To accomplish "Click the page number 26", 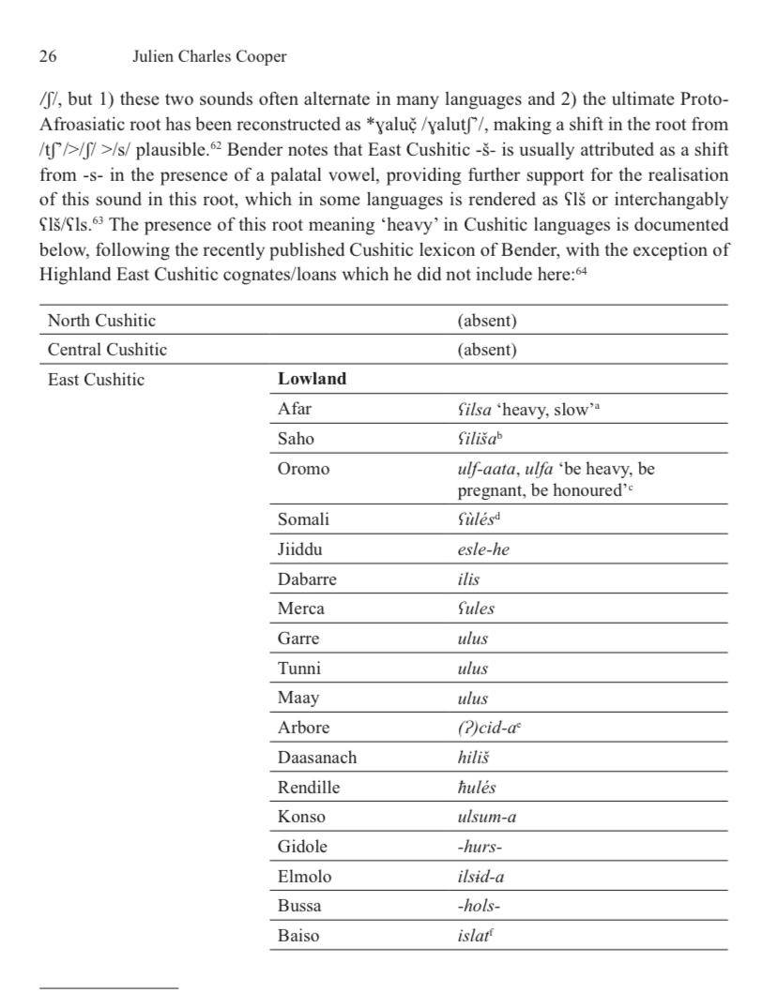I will (47, 57).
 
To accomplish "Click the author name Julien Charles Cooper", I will (210, 57).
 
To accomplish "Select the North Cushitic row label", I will (101, 321).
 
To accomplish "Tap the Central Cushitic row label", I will (107, 350).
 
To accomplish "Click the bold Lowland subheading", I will (312, 379).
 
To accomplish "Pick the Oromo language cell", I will (304, 469).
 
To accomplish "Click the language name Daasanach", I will (317, 758).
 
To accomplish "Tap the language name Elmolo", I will (304, 877).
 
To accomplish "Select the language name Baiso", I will (298, 936).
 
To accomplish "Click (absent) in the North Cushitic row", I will (487, 321).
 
